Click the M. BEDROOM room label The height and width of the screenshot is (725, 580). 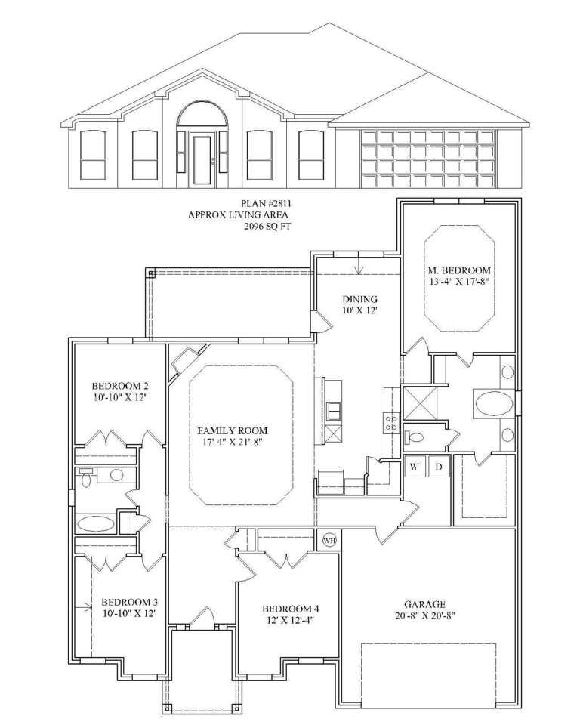[x=459, y=270]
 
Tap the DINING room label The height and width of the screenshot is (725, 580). [x=359, y=299]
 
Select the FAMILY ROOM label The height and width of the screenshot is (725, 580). [x=233, y=431]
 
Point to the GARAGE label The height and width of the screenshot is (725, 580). [x=424, y=604]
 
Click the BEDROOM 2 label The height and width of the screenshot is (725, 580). [x=120, y=386]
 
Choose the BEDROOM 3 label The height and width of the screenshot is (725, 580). [x=129, y=602]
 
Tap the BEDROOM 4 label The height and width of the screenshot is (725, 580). [x=291, y=609]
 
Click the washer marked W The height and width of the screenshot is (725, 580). [x=415, y=467]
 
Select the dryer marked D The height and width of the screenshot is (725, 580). [x=439, y=467]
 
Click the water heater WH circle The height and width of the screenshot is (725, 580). [x=329, y=540]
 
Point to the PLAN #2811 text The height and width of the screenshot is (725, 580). [x=266, y=203]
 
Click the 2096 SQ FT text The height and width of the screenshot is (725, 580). [x=267, y=227]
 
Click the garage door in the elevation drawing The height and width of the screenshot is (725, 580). [x=428, y=159]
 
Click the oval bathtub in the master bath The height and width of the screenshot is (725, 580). [x=494, y=403]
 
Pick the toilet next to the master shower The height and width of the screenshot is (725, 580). [x=414, y=437]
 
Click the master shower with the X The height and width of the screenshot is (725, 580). [x=420, y=403]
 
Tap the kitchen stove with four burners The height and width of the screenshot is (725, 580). [x=391, y=423]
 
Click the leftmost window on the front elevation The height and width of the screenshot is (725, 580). [x=93, y=154]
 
